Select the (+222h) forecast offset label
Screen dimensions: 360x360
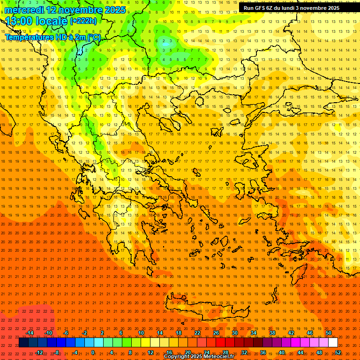83,21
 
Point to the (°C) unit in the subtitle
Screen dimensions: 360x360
94,37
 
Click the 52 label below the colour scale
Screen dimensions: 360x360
338,352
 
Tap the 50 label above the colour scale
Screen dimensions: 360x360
329,333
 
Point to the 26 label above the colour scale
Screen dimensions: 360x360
216,333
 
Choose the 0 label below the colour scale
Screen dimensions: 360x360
93,352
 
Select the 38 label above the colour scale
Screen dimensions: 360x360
272,333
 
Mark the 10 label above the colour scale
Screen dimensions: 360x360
141,333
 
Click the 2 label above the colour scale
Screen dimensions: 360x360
102,333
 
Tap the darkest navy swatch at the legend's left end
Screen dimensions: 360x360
23,343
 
